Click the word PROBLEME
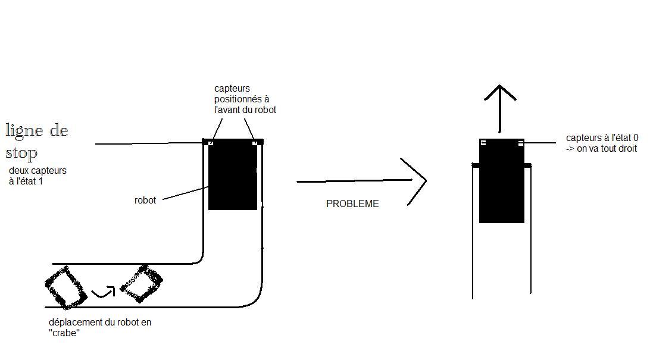point(352,204)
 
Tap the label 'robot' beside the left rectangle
point(145,201)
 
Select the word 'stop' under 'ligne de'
point(21,153)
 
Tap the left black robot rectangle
point(233,177)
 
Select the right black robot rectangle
point(502,184)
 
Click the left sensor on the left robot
point(210,143)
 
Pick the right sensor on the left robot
point(255,143)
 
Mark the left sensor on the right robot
point(483,142)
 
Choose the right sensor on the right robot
point(521,143)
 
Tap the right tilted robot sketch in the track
point(142,283)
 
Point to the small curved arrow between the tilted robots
point(104,292)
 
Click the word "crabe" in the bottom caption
point(64,333)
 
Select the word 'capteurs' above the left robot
point(232,89)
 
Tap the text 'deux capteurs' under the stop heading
point(37,171)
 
